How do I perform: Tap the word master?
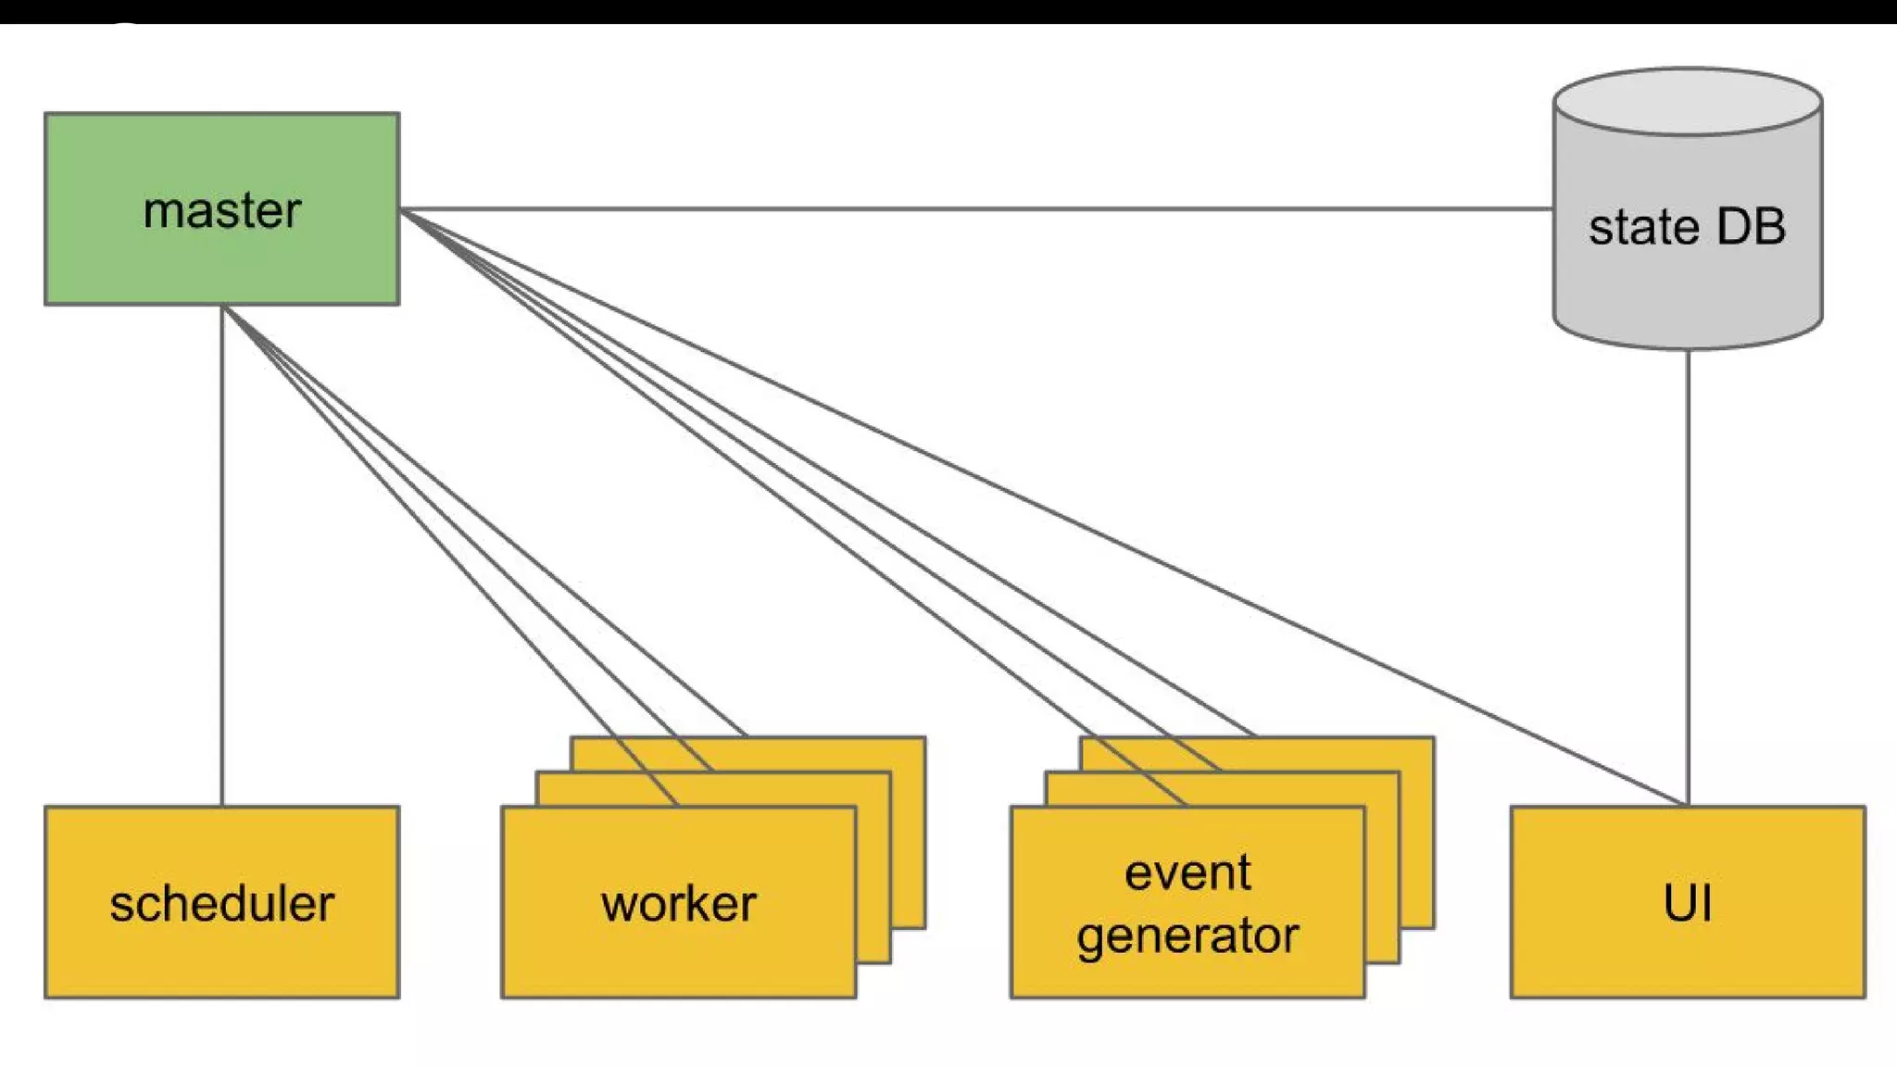pos(222,211)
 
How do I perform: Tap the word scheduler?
pos(222,904)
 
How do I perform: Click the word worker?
pos(678,904)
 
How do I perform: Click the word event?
pos(1187,872)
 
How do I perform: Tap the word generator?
pos(1187,935)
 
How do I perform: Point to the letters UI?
pos(1688,904)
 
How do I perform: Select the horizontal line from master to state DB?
pos(973,209)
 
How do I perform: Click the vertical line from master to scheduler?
pos(222,556)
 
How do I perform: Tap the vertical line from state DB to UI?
pos(1688,574)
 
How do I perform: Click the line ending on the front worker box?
pos(451,556)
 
